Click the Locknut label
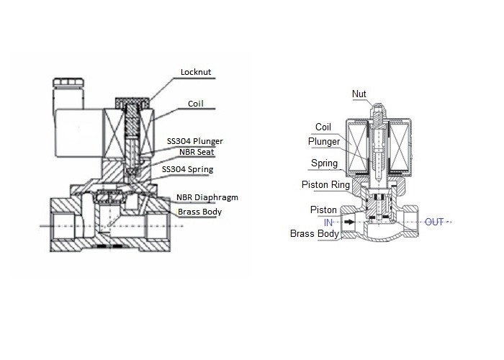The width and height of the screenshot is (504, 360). [x=196, y=72]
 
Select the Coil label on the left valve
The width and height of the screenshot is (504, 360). [x=196, y=104]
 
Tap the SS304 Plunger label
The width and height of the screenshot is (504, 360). [x=195, y=141]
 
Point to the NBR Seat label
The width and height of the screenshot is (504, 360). [x=197, y=152]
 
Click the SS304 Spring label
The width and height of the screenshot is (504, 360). [x=187, y=169]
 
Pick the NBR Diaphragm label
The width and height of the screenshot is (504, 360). [x=207, y=197]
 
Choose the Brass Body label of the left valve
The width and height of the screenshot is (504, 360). [x=199, y=212]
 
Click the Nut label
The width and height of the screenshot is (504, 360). [x=359, y=94]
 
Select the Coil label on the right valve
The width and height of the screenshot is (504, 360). [x=323, y=127]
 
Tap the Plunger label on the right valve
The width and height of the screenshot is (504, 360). [x=324, y=141]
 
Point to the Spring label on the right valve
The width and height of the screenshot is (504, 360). [x=324, y=163]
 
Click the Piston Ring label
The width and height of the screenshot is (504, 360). [x=325, y=184]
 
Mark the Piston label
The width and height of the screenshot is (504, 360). [x=323, y=210]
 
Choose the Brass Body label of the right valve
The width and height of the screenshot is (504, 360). [x=315, y=233]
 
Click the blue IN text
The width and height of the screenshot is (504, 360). [x=328, y=222]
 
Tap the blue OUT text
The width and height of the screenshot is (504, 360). [x=434, y=222]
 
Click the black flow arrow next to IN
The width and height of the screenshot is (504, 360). [x=349, y=222]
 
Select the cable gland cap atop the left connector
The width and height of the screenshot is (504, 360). [x=68, y=82]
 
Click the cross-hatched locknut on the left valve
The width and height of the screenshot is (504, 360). [x=132, y=102]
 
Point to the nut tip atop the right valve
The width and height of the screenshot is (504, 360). [x=378, y=106]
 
